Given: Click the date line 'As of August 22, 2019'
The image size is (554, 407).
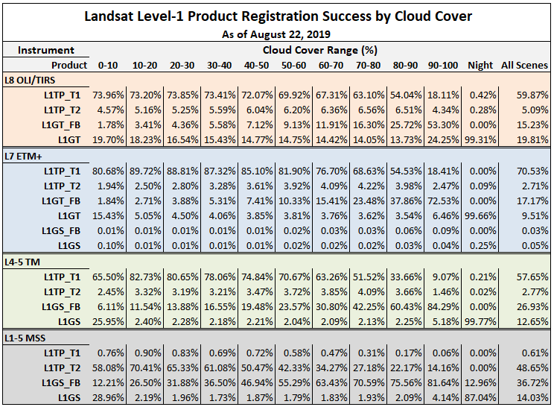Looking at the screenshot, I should [276, 34].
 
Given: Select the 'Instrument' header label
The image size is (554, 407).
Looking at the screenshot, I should [46, 51].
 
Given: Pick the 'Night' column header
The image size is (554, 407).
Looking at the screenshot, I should [480, 66].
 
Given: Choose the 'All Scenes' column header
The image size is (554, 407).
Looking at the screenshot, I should [524, 66].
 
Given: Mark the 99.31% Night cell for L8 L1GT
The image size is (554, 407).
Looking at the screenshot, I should [480, 139].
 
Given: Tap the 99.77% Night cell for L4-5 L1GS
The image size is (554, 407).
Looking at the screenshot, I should [480, 321].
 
